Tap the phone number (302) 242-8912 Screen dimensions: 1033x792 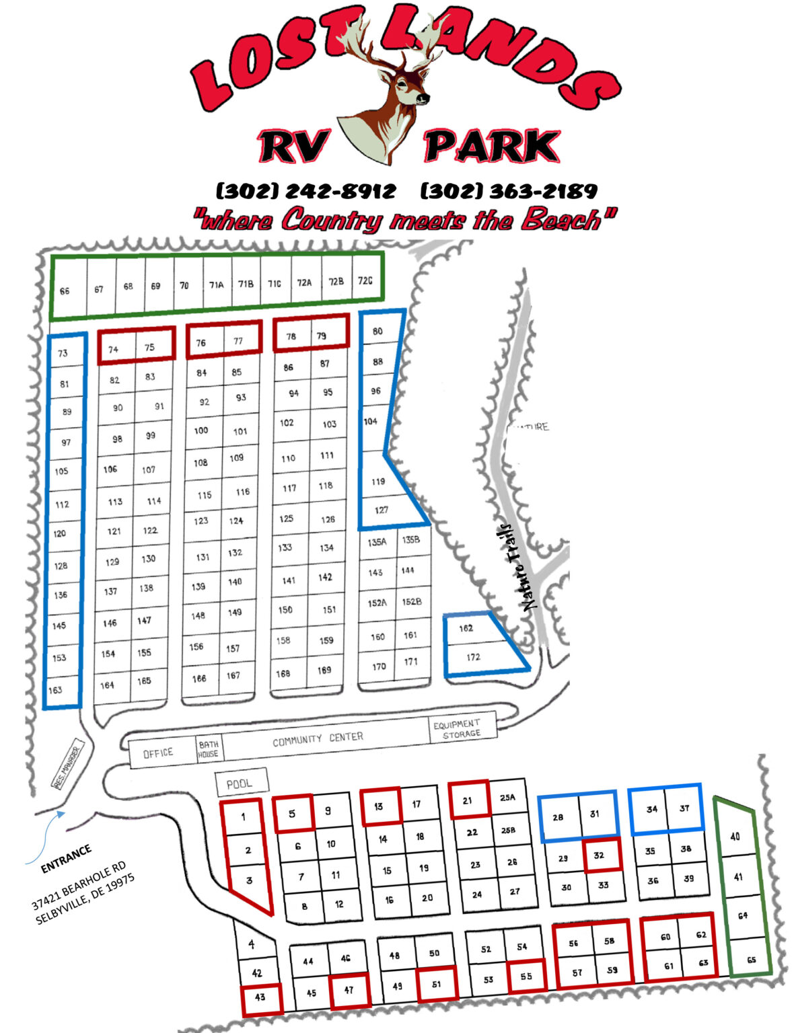pos(305,191)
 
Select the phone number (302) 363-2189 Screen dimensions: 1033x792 pos(509,191)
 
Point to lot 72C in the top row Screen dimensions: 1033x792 pos(365,281)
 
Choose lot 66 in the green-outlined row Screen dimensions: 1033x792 pos(65,291)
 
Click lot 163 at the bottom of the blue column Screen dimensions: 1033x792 pos(55,689)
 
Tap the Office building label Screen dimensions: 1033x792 pos(158,753)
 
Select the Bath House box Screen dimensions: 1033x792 pos(208,749)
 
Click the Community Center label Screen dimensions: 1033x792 pos(318,739)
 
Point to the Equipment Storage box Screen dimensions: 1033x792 pos(462,729)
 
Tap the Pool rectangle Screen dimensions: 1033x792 pos(241,783)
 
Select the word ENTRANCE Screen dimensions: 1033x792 pos(66,859)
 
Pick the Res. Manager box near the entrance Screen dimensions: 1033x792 pos(67,765)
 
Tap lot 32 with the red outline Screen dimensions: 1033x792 pos(599,855)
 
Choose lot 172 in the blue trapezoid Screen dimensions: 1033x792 pos(474,657)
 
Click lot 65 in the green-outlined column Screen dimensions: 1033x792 pos(751,960)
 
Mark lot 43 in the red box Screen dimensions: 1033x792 pos(260,997)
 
